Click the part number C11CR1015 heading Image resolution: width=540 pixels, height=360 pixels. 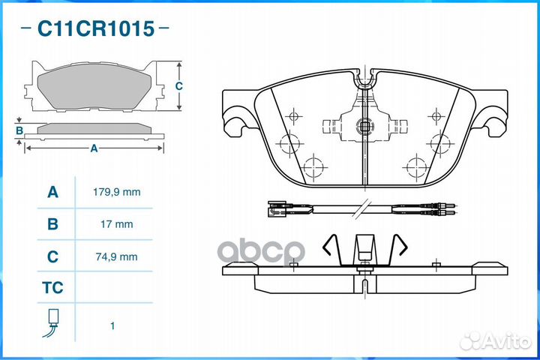pos(96,28)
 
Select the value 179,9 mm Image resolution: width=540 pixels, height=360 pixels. pos(117,192)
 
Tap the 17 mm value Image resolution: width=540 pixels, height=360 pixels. pos(117,224)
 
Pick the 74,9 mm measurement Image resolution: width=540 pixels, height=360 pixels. pos(117,256)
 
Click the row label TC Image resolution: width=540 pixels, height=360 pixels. pos(52,288)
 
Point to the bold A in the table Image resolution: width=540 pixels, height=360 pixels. pos(52,192)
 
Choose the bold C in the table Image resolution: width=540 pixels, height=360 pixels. pos(52,256)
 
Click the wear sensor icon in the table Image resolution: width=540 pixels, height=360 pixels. pos(52,322)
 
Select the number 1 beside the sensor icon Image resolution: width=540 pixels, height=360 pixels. pos(112,325)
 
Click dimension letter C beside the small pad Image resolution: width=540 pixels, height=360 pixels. pos(178,85)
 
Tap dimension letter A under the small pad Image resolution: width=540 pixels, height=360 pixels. pos(94,148)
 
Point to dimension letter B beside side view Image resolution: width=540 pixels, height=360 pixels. pos(19,131)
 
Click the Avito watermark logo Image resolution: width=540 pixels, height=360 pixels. pos(496,341)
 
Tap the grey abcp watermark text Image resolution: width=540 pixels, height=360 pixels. pos(262,252)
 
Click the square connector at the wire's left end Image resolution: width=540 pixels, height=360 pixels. pos(277,208)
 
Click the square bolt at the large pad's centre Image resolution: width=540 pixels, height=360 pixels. pos(364,126)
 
